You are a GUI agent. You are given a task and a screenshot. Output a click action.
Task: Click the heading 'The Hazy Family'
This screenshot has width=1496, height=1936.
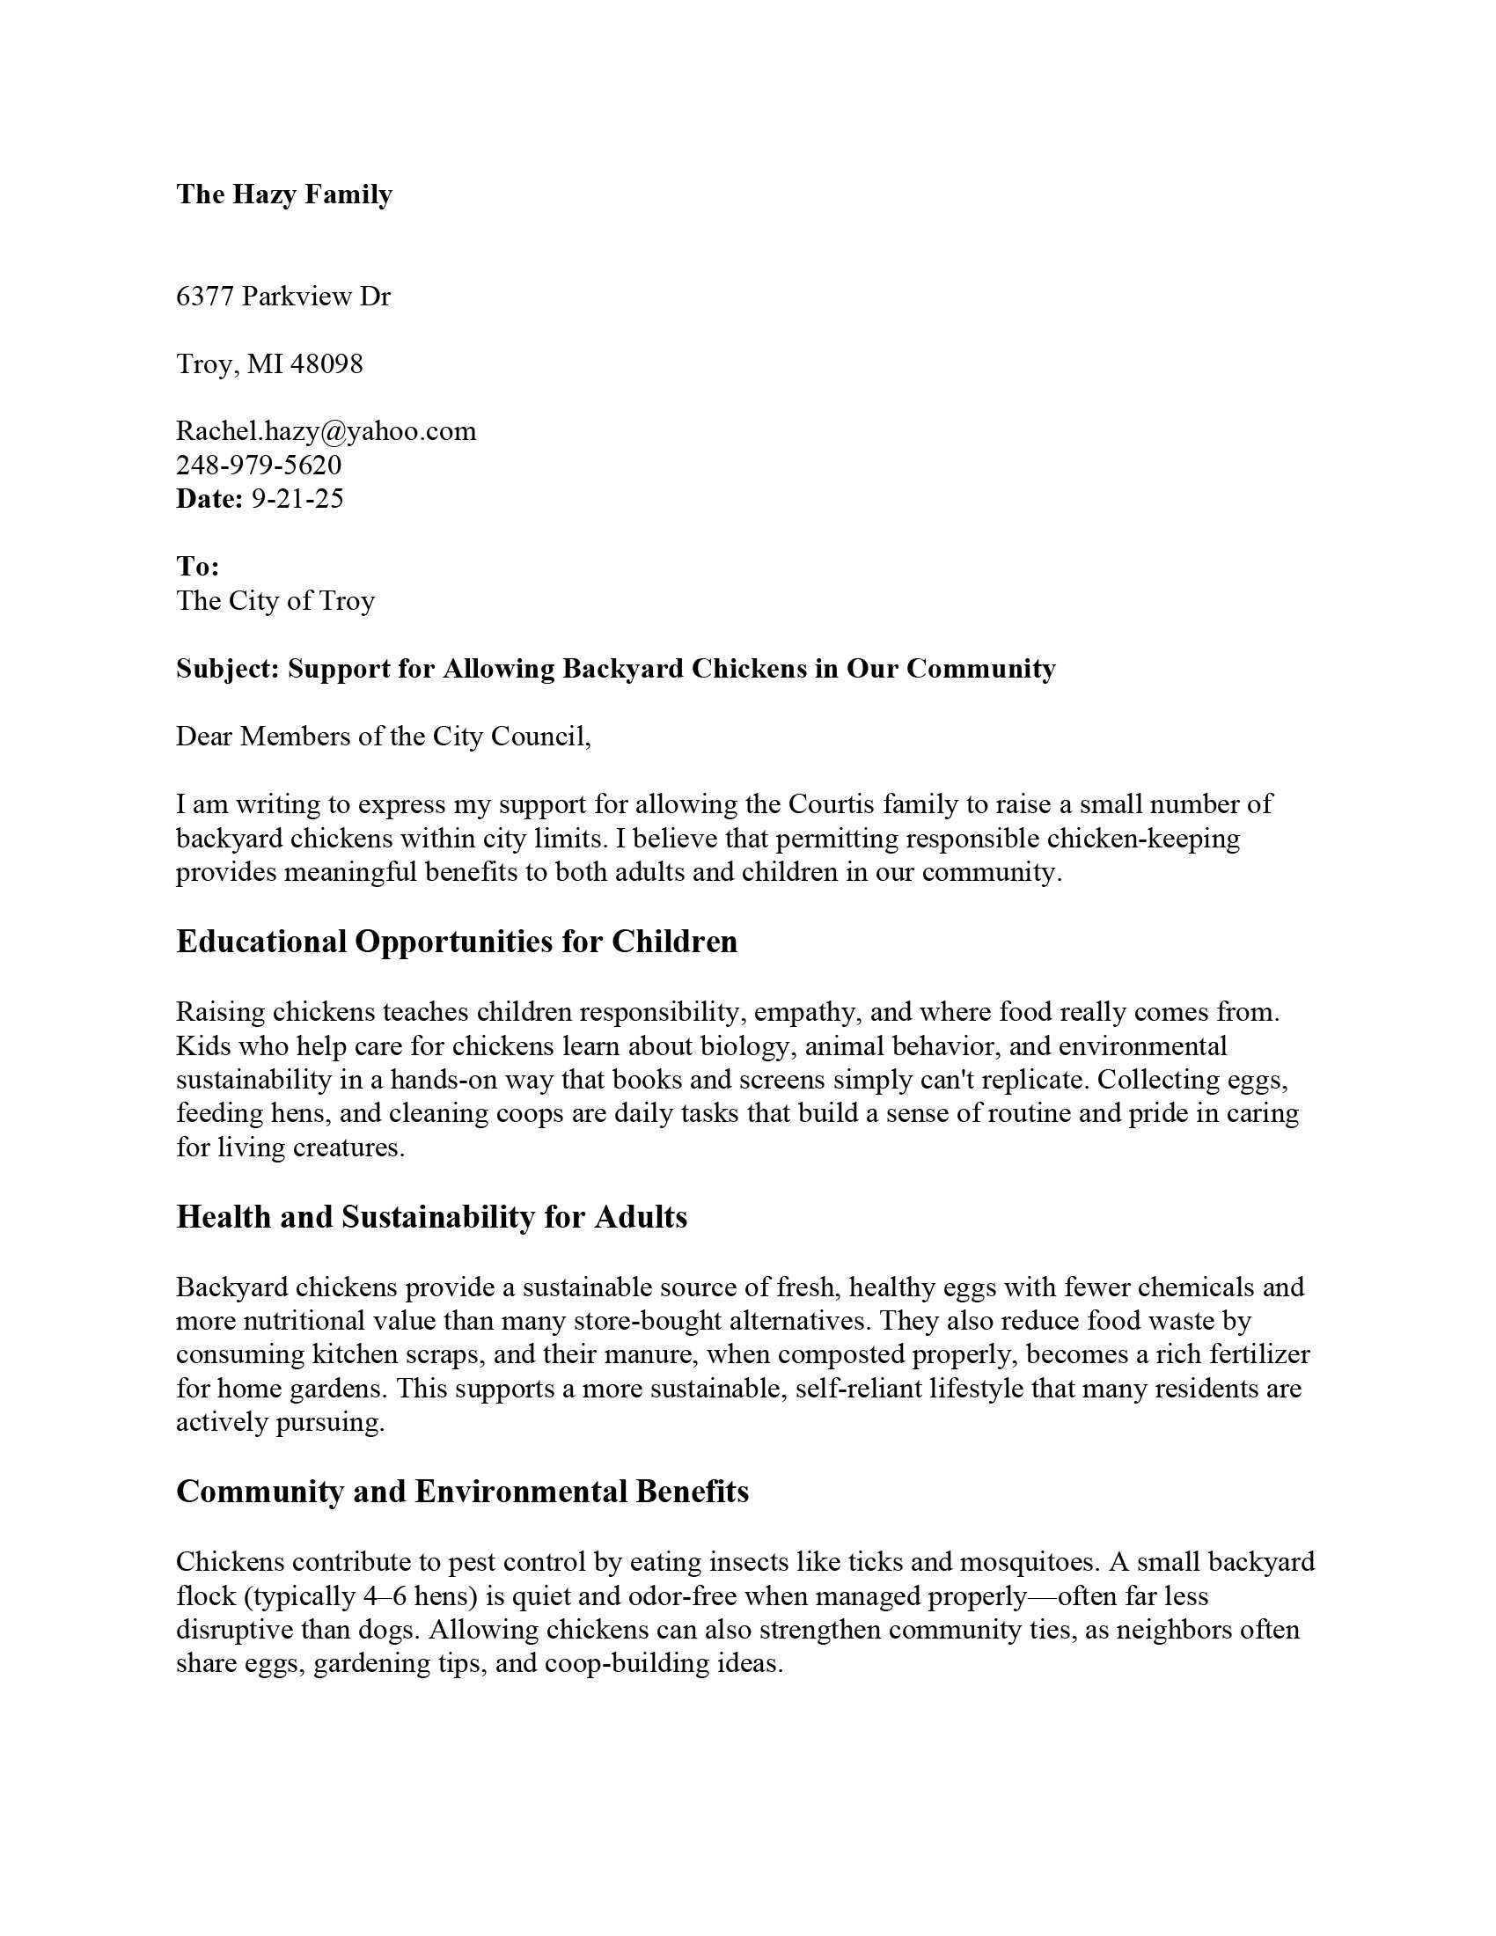click(283, 194)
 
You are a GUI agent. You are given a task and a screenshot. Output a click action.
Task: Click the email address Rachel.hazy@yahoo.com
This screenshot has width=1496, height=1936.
click(326, 431)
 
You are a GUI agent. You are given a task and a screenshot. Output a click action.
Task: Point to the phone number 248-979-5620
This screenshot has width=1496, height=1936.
click(259, 465)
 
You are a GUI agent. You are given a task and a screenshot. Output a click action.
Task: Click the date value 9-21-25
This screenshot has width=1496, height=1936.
click(297, 498)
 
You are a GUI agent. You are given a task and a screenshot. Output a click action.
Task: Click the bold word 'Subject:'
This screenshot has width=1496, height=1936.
click(228, 669)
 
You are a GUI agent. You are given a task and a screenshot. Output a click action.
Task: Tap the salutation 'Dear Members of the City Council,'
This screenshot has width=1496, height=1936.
click(383, 736)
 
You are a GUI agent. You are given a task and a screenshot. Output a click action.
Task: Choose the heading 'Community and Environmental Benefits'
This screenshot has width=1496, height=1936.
click(463, 1491)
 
